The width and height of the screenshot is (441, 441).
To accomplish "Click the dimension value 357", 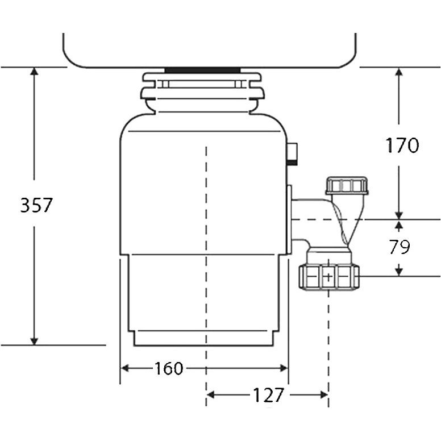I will [36, 205].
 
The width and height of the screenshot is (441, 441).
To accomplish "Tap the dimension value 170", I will [402, 145].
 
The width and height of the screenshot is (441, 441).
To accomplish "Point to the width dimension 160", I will [169, 368].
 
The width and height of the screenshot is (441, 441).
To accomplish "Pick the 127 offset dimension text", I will [267, 395].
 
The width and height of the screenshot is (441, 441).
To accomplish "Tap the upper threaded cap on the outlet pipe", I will [347, 185].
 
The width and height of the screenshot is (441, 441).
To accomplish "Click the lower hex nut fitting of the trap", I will [329, 276].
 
